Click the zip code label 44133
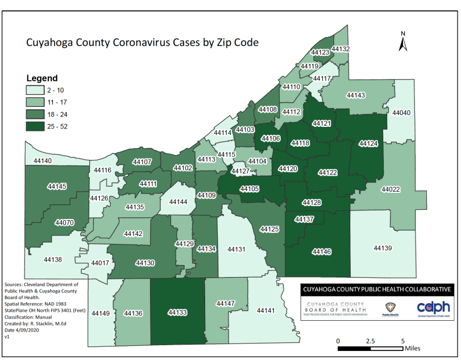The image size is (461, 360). pyautogui.click(x=177, y=312)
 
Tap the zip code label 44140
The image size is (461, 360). pyautogui.click(x=43, y=161)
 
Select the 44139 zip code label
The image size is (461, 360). pyautogui.click(x=384, y=248)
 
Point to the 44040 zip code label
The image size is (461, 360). pyautogui.click(x=401, y=113)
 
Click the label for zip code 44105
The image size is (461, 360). pyautogui.click(x=250, y=189)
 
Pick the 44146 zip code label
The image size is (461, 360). pyautogui.click(x=321, y=251)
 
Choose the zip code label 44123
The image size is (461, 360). pyautogui.click(x=321, y=52)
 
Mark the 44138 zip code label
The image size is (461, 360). pyautogui.click(x=52, y=259)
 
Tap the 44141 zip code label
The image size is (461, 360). pyautogui.click(x=266, y=311)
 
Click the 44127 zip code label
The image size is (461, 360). pyautogui.click(x=240, y=172)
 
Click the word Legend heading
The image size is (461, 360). pyautogui.click(x=42, y=78)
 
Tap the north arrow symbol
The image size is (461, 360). pyautogui.click(x=402, y=42)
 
